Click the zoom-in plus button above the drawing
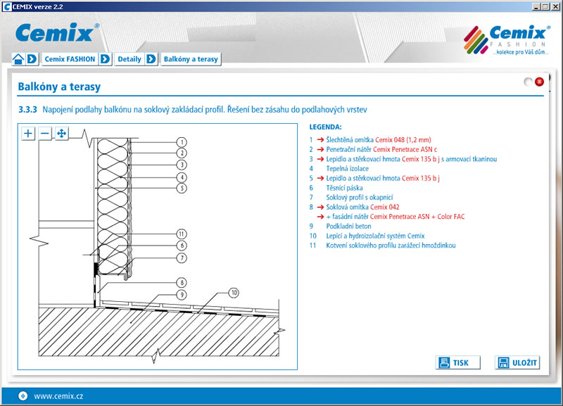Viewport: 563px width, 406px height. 28,133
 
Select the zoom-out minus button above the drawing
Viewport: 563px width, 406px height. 45,133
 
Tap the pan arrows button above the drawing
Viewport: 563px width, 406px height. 61,133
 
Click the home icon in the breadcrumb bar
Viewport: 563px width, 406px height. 18,59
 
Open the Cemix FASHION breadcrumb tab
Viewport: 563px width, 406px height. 70,59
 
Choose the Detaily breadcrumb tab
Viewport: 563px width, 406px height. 129,59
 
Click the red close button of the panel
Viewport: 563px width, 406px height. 539,82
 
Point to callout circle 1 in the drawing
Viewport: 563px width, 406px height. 181,141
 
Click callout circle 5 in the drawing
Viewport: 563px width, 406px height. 181,189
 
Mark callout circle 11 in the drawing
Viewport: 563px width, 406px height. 181,234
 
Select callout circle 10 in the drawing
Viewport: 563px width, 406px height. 234,292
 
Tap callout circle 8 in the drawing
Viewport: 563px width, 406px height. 181,282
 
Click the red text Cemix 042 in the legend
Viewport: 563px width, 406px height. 385,208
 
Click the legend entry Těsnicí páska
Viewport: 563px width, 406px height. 345,189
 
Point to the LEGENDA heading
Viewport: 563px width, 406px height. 325,127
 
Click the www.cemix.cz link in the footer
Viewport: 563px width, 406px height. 58,396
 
